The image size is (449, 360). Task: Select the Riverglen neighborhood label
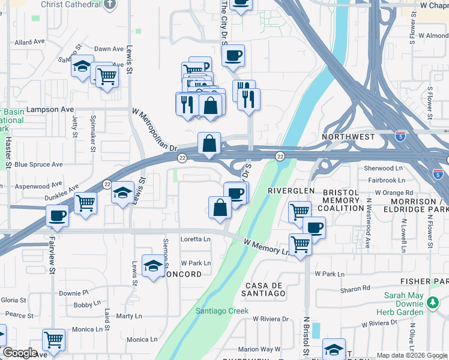click(291, 190)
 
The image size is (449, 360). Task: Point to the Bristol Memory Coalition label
click(341, 200)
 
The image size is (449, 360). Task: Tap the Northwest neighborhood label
click(348, 137)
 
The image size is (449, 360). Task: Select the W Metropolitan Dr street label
click(155, 129)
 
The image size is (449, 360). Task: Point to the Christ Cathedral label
click(71, 4)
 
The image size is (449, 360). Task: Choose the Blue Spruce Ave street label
click(38, 164)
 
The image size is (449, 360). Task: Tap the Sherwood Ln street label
click(382, 169)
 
